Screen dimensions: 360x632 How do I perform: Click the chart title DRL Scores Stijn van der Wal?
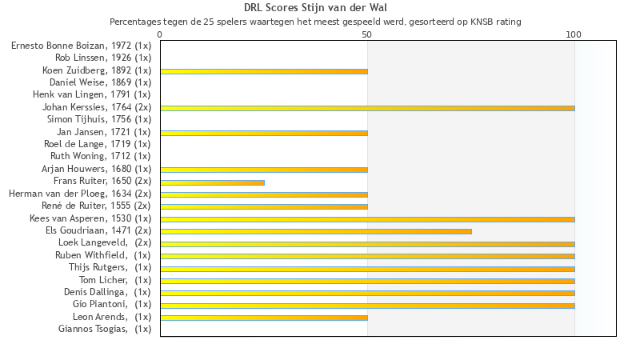[315, 8]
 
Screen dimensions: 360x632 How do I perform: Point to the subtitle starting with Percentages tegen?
[315, 22]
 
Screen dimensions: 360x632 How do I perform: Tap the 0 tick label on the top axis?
[160, 35]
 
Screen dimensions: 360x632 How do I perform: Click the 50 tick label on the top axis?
[367, 35]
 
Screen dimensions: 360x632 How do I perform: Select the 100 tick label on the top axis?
[574, 35]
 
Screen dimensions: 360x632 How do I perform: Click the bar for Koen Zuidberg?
[264, 71]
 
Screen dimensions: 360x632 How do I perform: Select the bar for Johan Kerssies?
[367, 108]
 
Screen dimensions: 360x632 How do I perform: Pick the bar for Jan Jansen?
[264, 133]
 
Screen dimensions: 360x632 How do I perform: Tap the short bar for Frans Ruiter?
[212, 182]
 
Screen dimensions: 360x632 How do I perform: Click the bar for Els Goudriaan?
[315, 231]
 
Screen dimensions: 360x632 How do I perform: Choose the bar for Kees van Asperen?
[367, 219]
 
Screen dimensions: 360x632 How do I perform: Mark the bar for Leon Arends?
[264, 318]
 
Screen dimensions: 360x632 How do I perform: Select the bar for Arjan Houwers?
[264, 170]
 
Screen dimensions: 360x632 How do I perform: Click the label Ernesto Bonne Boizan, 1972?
[81, 46]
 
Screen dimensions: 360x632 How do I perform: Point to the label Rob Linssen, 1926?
[102, 58]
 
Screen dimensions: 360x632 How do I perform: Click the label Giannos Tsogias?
[104, 329]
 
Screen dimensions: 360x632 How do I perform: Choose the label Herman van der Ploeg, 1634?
[79, 193]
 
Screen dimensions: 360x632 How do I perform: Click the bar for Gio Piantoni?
[367, 306]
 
